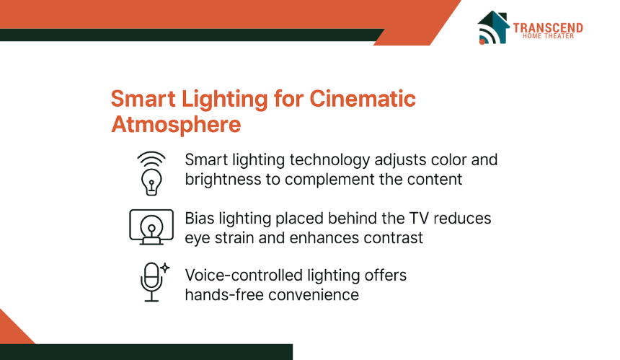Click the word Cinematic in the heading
click(362, 99)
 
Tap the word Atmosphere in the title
click(176, 124)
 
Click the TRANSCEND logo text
click(548, 27)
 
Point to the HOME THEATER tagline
click(548, 36)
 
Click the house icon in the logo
click(493, 27)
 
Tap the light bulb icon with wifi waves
click(151, 173)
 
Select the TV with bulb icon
click(151, 227)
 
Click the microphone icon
click(151, 282)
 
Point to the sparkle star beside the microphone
click(165, 268)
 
